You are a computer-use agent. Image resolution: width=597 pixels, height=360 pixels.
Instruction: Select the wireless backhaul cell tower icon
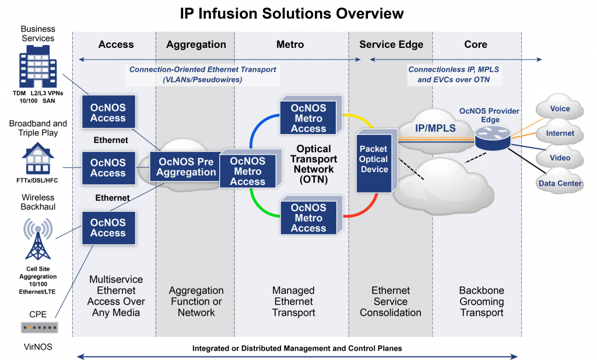coord(37,239)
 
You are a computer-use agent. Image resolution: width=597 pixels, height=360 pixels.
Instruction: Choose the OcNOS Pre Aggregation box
coord(182,166)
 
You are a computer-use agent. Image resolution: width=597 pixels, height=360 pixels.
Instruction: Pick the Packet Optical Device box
coord(374,160)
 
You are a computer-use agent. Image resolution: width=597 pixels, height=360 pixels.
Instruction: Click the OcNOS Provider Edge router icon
coord(491,137)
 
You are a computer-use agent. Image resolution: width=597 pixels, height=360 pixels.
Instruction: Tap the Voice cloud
coord(559,109)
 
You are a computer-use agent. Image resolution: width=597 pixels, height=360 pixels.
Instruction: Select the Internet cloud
coord(559,134)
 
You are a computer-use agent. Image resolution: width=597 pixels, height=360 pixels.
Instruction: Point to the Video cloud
coord(559,158)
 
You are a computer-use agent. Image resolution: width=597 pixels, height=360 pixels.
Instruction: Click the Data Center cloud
coord(559,183)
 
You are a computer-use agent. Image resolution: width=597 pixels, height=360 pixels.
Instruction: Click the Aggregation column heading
coord(196,44)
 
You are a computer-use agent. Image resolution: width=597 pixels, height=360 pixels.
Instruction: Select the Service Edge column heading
coord(391,44)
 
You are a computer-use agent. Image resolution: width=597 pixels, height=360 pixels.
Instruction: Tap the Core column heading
coord(476,44)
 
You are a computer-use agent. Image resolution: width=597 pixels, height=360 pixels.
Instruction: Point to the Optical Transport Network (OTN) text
coord(313,164)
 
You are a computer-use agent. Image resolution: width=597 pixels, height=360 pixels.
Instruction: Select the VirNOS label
coord(37,347)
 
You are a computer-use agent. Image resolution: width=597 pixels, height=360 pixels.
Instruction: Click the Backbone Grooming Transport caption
coord(481,301)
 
